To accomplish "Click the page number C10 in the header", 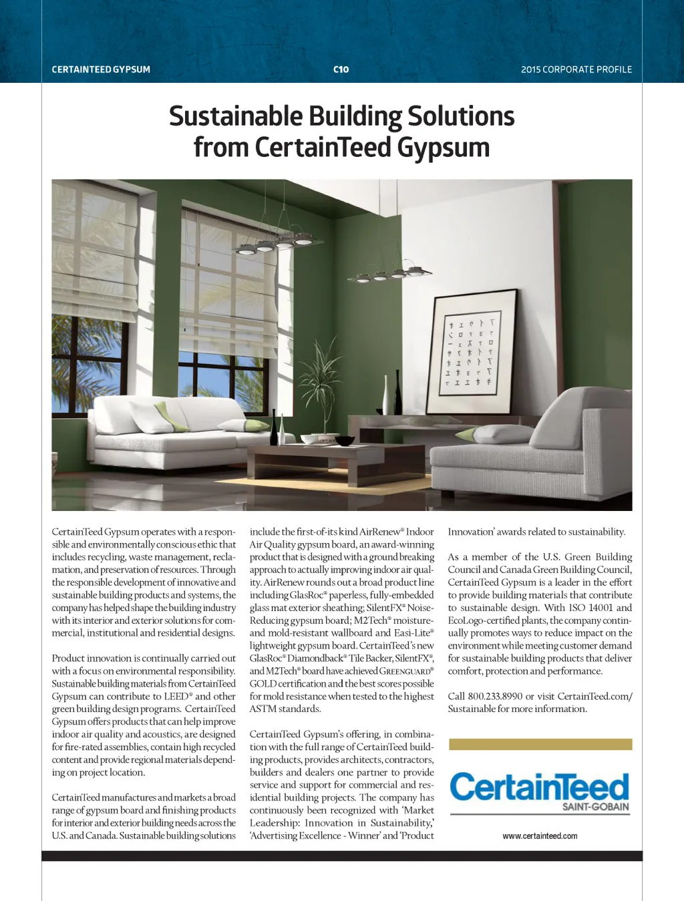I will point(341,69).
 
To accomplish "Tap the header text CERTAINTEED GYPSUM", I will point(101,69).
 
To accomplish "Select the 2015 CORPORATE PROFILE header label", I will point(576,69).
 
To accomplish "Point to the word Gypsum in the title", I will point(443,148).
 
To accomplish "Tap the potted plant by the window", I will point(327,387).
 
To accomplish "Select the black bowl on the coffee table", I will point(345,441).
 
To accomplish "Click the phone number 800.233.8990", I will point(495,696).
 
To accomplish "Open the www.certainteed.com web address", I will point(540,836).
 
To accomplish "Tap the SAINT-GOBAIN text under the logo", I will point(595,806).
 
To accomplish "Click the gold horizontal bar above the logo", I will point(540,744).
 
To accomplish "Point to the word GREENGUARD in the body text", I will point(405,671).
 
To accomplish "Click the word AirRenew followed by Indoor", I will point(381,532).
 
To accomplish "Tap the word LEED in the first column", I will point(176,696).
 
